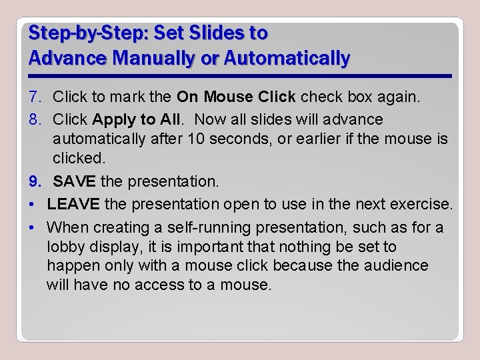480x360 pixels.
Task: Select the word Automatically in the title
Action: point(287,59)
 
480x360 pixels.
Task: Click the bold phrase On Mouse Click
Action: point(236,97)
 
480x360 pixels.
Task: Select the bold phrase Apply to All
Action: point(133,120)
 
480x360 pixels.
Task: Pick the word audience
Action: point(397,266)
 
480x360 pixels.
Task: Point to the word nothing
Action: point(297,247)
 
